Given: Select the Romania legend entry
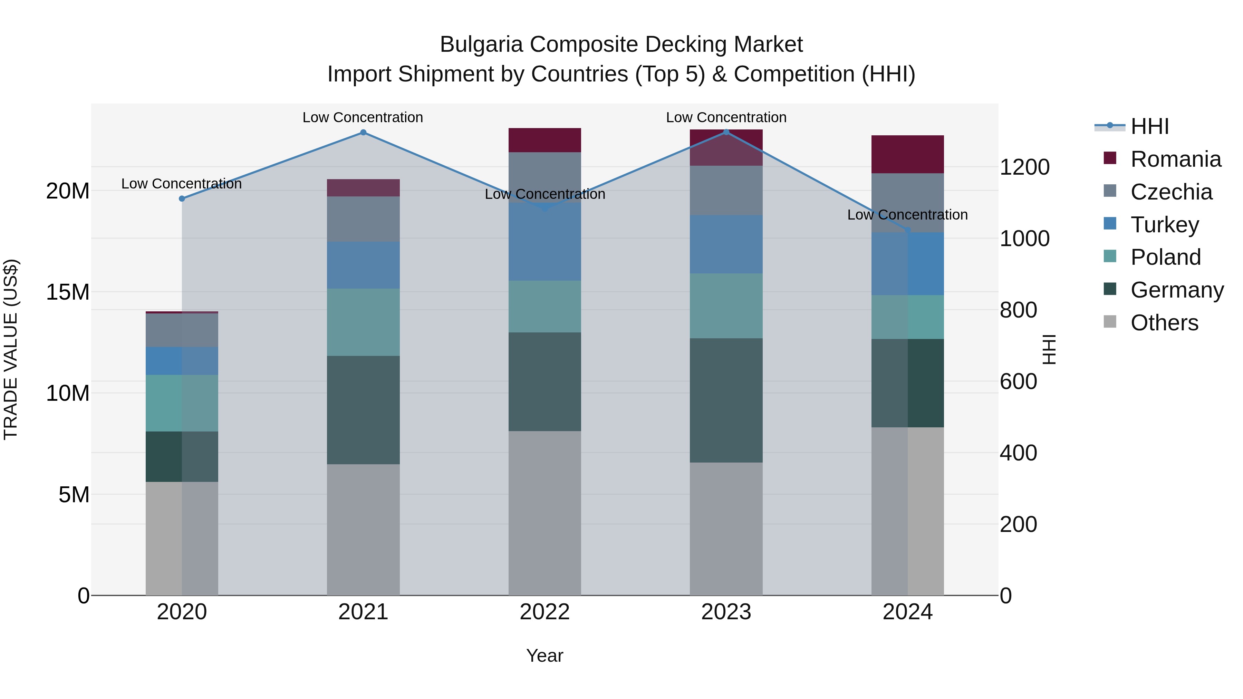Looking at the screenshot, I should point(1175,159).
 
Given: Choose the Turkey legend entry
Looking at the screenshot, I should point(1164,225).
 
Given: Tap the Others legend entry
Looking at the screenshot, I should point(1164,323).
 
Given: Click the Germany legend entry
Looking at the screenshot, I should point(1176,290).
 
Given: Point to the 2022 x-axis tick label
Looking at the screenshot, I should point(544,612).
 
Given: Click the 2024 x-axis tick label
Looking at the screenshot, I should point(907,612).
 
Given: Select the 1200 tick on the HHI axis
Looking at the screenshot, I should point(1024,167).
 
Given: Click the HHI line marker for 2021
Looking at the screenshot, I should point(363,133).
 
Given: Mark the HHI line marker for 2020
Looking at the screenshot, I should point(182,199).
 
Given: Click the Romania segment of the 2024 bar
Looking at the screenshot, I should point(907,154).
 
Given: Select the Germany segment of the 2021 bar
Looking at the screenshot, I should point(363,410).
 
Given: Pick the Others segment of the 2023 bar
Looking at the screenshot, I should point(726,528).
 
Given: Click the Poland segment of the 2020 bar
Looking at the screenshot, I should point(182,403).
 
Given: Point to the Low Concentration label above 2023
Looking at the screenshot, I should point(726,118).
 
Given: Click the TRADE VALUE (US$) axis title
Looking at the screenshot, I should point(11,349).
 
